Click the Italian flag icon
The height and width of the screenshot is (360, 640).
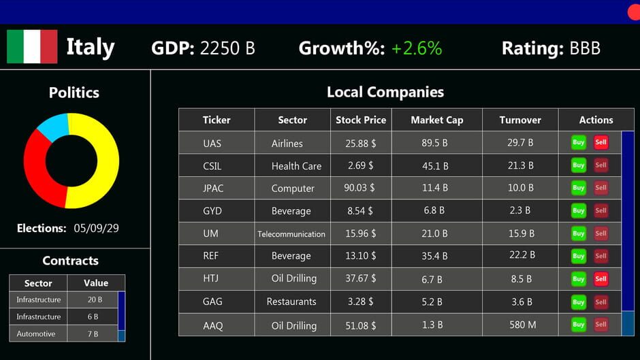(x=32, y=47)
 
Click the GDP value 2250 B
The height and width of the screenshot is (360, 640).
(x=227, y=48)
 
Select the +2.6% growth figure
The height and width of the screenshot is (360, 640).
(x=417, y=48)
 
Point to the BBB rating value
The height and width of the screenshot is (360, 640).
(x=585, y=48)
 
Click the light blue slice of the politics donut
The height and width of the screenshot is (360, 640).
(x=53, y=127)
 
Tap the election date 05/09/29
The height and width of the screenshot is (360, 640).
(x=96, y=228)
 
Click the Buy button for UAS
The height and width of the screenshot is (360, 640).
(x=578, y=142)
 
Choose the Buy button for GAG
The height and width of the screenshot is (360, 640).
(x=578, y=301)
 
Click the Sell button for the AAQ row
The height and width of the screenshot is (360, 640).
(x=601, y=325)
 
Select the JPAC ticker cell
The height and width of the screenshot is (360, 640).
(x=212, y=188)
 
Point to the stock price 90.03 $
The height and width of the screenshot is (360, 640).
(x=360, y=188)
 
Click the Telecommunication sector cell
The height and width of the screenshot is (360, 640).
(x=291, y=233)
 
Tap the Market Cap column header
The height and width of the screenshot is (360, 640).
(x=436, y=120)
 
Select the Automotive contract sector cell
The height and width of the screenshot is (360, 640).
(x=38, y=333)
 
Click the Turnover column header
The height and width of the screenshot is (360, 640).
(x=520, y=120)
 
